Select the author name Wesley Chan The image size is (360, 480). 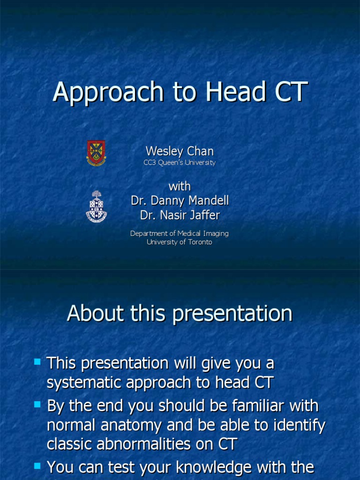pos(180,151)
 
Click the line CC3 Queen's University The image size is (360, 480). pos(180,163)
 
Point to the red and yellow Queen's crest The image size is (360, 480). pos(96,153)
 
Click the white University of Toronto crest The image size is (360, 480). pos(96,206)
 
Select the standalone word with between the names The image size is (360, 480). pos(180,186)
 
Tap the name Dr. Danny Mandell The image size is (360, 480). pos(180,201)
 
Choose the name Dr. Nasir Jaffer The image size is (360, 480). pos(180,215)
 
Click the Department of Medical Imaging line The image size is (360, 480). pos(180,233)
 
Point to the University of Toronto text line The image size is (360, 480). pos(180,242)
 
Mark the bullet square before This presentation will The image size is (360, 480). pos(37,361)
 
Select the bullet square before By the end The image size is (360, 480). pos(37,404)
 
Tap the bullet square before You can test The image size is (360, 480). pos(37,465)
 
